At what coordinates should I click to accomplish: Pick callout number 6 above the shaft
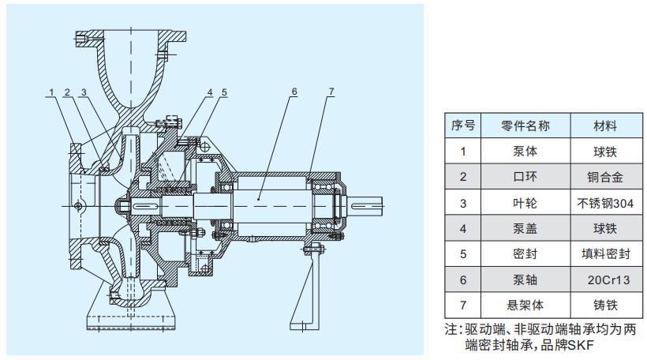pos(294,92)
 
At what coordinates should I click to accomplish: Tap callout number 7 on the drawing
pos(331,92)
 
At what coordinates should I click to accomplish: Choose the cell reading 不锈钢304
pos(604,203)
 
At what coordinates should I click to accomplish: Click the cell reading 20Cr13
pos(604,279)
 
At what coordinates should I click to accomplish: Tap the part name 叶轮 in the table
pos(525,203)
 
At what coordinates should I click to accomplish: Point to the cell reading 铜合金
pos(604,178)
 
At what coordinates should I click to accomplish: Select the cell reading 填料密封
pos(604,253)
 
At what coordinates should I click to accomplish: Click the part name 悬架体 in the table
pos(525,304)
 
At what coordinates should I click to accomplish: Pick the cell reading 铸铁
pos(604,304)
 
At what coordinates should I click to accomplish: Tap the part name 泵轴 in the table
pos(525,279)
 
